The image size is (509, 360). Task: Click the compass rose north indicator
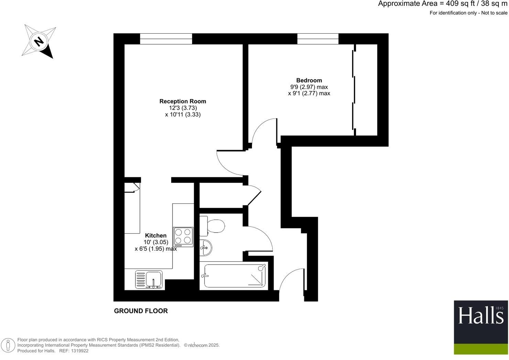point(39,42)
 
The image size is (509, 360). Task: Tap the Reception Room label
point(182,101)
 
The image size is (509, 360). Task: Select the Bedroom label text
point(309,80)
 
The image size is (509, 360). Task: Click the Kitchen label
point(156,236)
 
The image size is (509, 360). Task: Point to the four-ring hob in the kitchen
point(183,236)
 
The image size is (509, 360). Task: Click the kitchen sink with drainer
point(149,279)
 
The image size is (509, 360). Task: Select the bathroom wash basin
point(206,247)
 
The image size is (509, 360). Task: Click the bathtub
point(235,275)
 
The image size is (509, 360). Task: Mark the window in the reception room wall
point(166,39)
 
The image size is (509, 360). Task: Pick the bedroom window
point(318,39)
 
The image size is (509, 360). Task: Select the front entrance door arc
point(291,280)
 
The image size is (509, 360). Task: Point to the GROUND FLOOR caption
point(141,311)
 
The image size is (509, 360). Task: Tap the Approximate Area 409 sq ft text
point(443,4)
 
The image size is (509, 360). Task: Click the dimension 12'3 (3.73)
point(183,108)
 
